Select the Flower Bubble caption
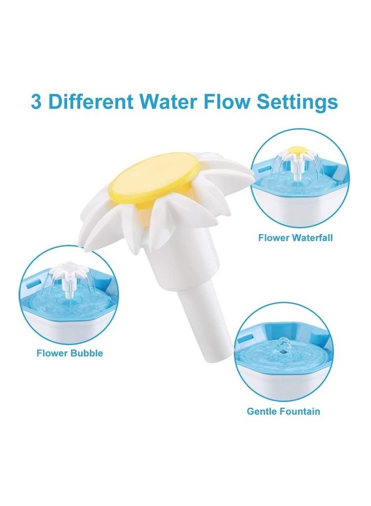pos(70,354)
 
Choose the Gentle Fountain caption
pos(283,412)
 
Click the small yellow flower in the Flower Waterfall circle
pos(296,151)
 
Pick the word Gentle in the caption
pos(263,412)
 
